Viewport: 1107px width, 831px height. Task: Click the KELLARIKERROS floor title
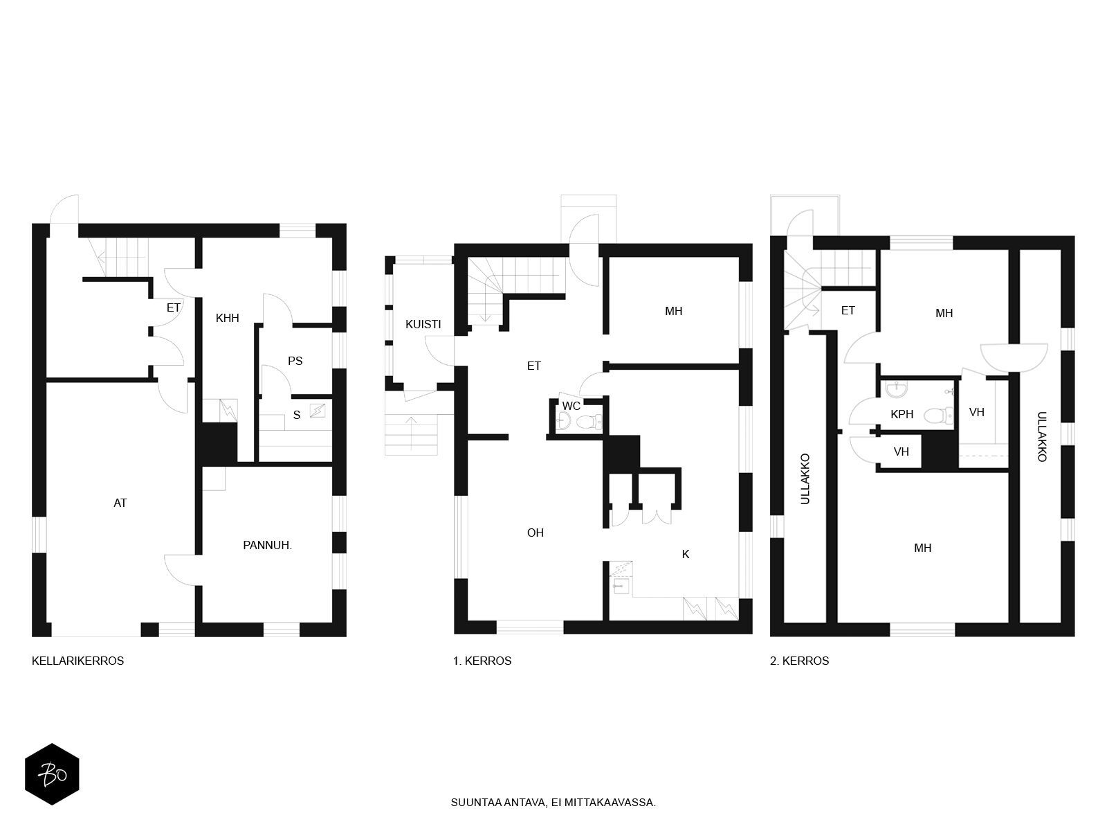pos(77,661)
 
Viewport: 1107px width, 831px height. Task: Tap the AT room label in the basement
pos(120,503)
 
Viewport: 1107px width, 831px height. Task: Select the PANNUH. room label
pos(267,545)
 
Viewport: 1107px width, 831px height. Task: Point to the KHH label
pos(228,318)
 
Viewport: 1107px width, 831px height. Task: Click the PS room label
pos(295,361)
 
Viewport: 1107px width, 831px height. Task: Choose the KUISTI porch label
pos(423,324)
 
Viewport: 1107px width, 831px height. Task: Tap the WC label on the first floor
pos(571,406)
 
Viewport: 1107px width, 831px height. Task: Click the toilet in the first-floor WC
pos(590,421)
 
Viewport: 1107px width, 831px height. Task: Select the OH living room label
pos(535,533)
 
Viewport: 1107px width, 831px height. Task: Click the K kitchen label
pos(686,554)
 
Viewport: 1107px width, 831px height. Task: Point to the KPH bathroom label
pos(902,414)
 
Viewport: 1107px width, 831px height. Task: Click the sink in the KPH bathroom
pos(897,389)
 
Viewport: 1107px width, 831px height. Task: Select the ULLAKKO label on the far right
pos(1042,436)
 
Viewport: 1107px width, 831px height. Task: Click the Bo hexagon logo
pos(52,774)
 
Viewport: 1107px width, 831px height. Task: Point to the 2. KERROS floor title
pos(799,661)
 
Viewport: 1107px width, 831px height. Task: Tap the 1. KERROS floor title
pos(482,661)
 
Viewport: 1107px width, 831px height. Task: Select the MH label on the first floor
pos(674,312)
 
